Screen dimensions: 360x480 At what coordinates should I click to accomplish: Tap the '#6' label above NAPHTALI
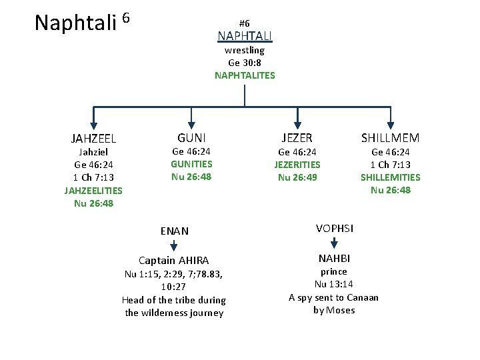pyautogui.click(x=244, y=23)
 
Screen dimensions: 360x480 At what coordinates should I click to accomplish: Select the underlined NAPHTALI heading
pyautogui.click(x=245, y=36)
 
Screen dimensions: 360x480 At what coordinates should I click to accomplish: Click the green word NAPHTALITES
pyautogui.click(x=245, y=75)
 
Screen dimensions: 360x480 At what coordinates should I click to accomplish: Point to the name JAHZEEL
pyautogui.click(x=93, y=139)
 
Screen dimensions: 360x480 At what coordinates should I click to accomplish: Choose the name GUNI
pyautogui.click(x=191, y=137)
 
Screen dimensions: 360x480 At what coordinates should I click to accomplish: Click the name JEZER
pyautogui.click(x=297, y=137)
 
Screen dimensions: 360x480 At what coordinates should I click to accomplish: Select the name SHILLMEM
pyautogui.click(x=390, y=138)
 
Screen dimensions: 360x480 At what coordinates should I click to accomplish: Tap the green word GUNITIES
pyautogui.click(x=191, y=164)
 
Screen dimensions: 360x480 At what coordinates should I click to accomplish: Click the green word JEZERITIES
pyautogui.click(x=297, y=164)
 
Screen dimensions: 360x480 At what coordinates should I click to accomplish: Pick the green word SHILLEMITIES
pyautogui.click(x=390, y=177)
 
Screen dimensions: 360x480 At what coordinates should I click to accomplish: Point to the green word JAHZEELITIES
pyautogui.click(x=93, y=191)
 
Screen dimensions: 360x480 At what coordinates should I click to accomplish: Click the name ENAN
pyautogui.click(x=175, y=231)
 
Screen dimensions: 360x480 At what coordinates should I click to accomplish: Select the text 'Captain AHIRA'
pyautogui.click(x=173, y=260)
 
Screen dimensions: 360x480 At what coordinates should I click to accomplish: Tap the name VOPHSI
pyautogui.click(x=335, y=228)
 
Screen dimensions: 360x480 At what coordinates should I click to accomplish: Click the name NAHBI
pyautogui.click(x=334, y=258)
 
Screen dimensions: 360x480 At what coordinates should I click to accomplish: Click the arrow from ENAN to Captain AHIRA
pyautogui.click(x=174, y=246)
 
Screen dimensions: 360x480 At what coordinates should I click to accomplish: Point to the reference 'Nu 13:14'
pyautogui.click(x=333, y=285)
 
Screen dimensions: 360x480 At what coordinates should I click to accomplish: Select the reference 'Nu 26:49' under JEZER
pyautogui.click(x=297, y=177)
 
